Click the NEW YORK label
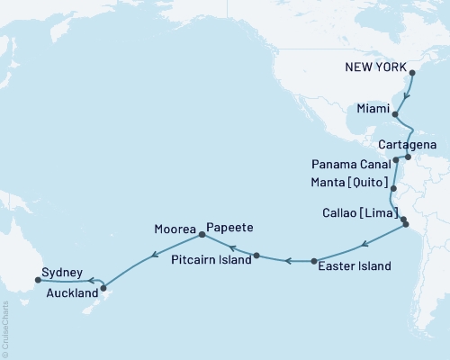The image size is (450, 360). coord(377,67)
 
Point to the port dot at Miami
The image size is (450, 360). coord(395,114)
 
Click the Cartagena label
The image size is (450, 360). coord(408,144)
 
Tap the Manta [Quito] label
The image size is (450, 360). coord(348,183)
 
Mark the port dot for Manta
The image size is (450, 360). coord(393,189)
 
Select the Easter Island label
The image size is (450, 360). coord(355,266)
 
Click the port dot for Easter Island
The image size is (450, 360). coord(314,261)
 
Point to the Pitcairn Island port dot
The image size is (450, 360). coord(256,256)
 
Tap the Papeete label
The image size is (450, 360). coord(229,228)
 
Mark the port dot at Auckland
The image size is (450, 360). coord(104,288)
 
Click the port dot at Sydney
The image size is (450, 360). coord(37,280)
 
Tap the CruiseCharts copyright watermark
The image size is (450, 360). coord(5,323)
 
